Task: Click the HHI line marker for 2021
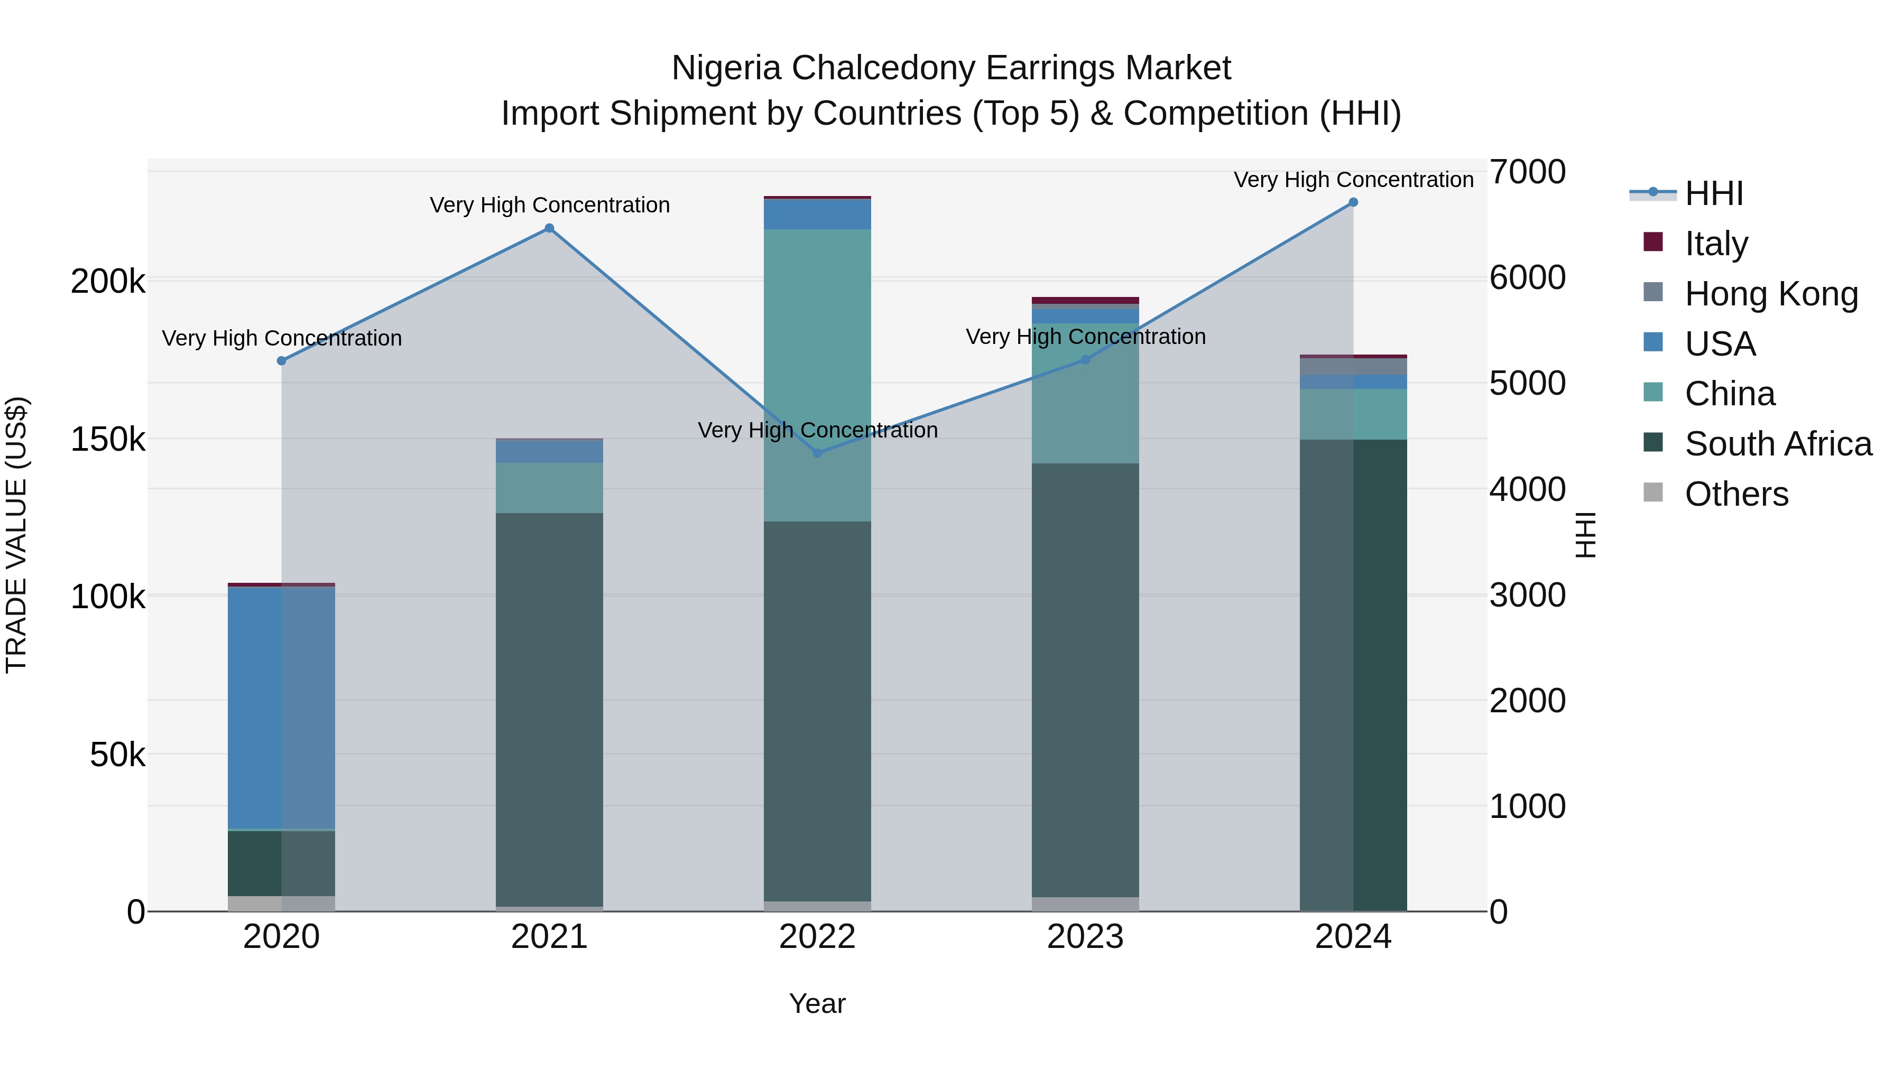coord(549,228)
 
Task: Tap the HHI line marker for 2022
coord(817,453)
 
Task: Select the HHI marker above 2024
coord(1353,202)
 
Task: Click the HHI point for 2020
coord(281,360)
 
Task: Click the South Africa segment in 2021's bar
coord(549,709)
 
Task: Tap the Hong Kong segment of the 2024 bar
coord(1353,366)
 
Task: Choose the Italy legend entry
coord(1715,243)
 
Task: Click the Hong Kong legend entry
coord(1770,293)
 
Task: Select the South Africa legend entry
coord(1777,444)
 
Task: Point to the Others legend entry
coord(1736,494)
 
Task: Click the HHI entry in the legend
coord(1713,193)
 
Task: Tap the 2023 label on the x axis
coord(1085,937)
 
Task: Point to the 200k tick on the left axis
coord(108,281)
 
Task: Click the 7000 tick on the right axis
coord(1527,172)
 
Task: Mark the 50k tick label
coord(117,755)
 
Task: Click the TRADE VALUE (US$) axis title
coord(16,535)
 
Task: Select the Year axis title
coord(817,1003)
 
